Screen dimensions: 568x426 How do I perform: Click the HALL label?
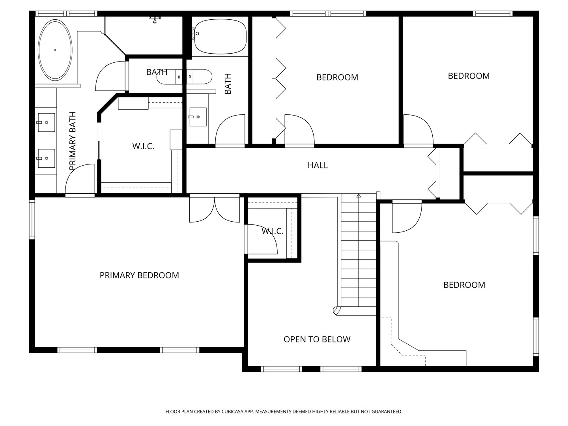(318, 165)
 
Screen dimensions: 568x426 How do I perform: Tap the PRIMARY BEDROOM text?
(139, 275)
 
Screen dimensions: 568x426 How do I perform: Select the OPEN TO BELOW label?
(317, 339)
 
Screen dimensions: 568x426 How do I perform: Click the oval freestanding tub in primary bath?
(55, 50)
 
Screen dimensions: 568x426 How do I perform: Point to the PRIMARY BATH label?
(73, 141)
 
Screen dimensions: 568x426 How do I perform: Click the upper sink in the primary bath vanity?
(47, 122)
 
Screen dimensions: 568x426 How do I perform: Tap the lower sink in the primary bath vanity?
(47, 158)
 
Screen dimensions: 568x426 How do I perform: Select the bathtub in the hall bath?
(220, 36)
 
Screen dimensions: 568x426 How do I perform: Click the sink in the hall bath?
(198, 117)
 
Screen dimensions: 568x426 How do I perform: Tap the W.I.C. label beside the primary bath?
(143, 146)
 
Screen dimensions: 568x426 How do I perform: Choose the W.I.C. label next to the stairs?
(273, 231)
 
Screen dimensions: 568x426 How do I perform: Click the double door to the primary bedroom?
(215, 209)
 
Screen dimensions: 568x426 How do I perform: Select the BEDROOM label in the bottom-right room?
(464, 285)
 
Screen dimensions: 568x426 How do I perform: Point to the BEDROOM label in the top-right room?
(469, 76)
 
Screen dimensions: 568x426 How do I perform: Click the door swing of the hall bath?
(230, 130)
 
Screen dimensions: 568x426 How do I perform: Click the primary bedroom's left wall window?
(32, 220)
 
